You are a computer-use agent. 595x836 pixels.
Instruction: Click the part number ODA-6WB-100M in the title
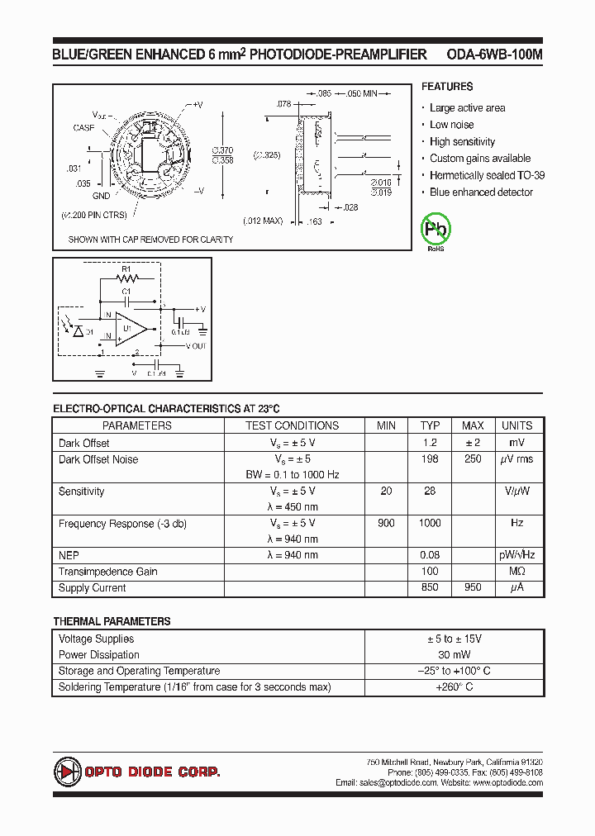(494, 55)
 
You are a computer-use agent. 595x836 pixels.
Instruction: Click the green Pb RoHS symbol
(436, 230)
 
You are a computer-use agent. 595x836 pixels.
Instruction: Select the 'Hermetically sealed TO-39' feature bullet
(487, 175)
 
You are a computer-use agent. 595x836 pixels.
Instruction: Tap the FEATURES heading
(447, 87)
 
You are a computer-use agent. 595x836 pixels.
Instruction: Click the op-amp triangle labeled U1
(130, 329)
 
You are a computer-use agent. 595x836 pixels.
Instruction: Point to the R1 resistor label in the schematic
(126, 269)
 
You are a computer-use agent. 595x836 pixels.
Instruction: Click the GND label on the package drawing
(101, 197)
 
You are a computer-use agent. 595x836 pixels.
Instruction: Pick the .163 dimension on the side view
(315, 221)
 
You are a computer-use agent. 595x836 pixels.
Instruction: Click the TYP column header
(430, 425)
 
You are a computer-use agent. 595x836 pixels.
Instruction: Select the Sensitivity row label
(81, 492)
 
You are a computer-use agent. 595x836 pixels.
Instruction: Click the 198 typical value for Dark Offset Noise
(430, 459)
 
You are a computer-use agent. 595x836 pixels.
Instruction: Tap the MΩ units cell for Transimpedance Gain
(516, 572)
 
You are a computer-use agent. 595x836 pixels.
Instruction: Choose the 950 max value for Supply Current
(473, 588)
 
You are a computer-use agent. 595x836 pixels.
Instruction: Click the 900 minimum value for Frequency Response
(386, 523)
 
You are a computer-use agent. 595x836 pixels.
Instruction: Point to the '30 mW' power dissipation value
(455, 655)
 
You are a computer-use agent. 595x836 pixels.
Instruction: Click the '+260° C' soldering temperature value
(455, 687)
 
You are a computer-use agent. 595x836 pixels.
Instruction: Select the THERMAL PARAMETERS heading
(112, 621)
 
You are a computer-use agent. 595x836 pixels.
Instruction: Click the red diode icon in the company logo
(67, 772)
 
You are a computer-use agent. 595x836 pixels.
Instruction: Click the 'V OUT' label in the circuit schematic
(196, 346)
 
